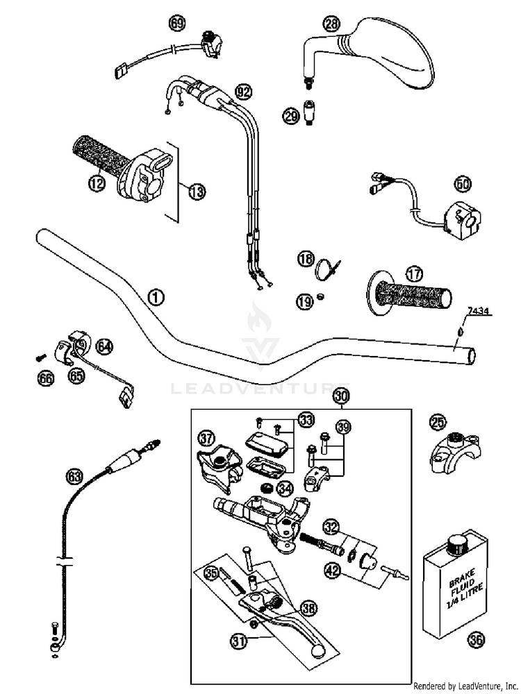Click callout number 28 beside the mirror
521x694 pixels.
[333, 24]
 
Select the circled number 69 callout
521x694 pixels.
[178, 24]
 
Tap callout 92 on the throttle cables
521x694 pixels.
[242, 91]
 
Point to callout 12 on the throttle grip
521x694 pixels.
[96, 183]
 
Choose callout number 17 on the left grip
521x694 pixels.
[415, 273]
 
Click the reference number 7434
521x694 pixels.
[479, 310]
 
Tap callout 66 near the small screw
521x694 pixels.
[46, 378]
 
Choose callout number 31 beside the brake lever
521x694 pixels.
[239, 642]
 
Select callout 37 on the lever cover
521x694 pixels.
[206, 438]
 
